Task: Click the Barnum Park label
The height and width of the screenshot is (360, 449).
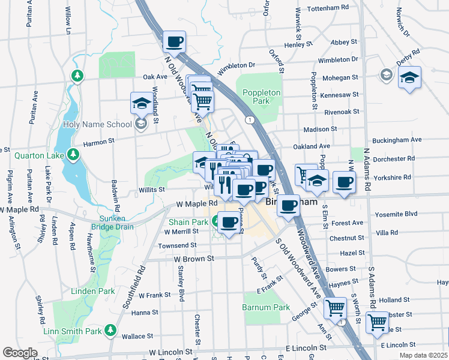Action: pos(266,307)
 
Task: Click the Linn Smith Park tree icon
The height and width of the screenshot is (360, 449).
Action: pos(110,330)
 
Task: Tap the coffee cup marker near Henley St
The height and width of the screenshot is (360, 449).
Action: pos(174,41)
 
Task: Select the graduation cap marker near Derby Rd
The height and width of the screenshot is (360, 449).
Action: pos(410,77)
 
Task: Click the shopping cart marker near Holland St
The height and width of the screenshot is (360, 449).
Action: pos(335,308)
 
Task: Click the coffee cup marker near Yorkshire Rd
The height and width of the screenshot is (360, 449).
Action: pos(344,182)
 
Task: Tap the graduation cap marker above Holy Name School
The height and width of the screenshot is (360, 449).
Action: pos(142,103)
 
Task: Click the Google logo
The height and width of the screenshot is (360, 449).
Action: pos(20,353)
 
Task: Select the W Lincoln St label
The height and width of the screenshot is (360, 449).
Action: pos(170,352)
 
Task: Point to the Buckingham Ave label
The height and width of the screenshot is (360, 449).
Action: pos(397,140)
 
